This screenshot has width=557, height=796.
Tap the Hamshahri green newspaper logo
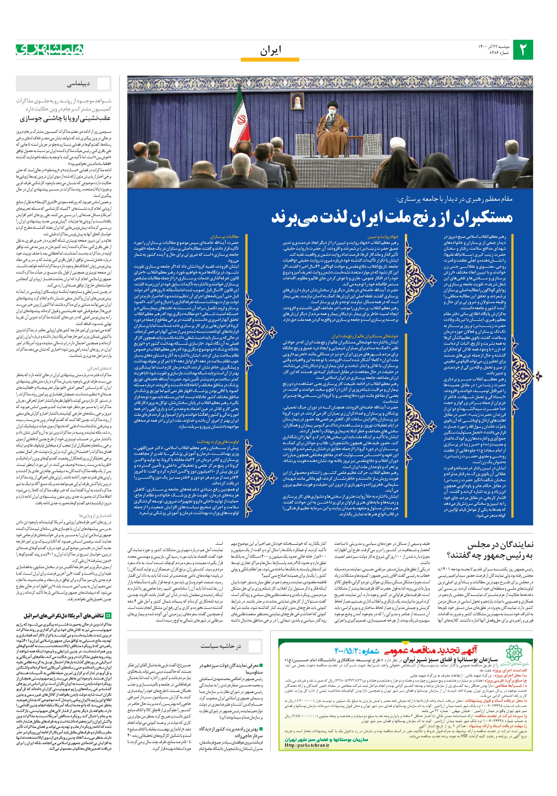tap(50, 50)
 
